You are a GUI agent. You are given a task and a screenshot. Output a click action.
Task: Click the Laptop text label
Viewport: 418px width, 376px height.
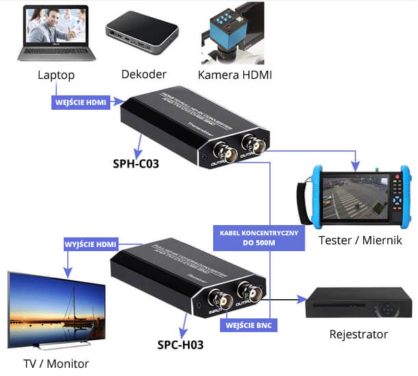56,75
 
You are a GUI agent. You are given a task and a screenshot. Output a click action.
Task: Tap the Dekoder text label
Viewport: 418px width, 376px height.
143,73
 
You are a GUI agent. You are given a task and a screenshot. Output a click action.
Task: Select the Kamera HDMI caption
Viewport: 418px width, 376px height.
234,74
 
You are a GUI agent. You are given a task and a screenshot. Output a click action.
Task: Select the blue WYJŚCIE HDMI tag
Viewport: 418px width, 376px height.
90,244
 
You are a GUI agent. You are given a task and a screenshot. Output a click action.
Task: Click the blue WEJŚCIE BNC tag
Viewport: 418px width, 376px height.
250,325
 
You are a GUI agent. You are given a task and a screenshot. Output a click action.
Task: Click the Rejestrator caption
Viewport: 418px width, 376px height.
358,334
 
